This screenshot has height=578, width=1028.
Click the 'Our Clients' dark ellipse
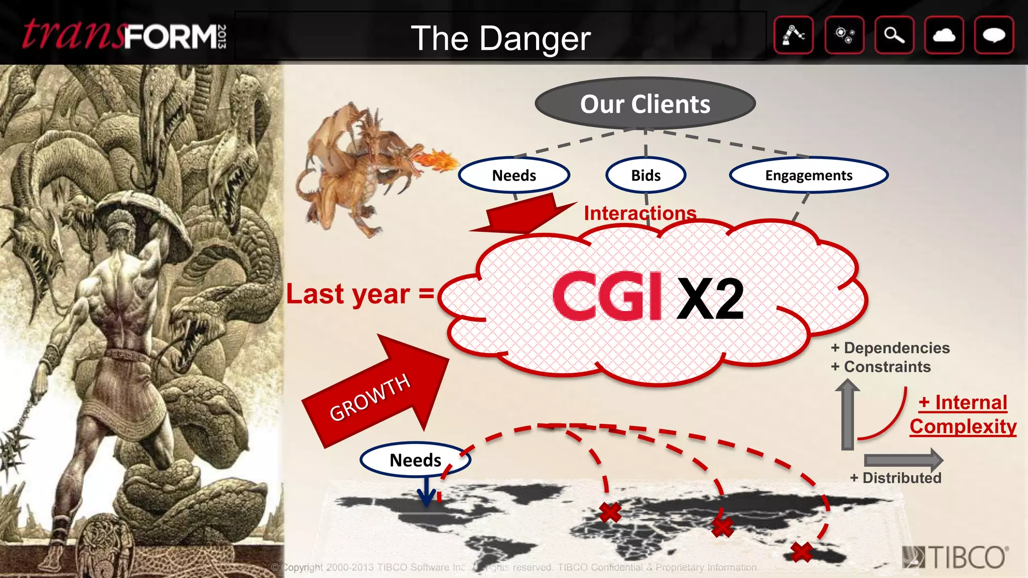645,104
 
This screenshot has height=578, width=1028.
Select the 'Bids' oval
646,175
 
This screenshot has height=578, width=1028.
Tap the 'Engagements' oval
809,175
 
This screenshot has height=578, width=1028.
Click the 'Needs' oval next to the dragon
514,175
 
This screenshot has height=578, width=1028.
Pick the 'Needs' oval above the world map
415,460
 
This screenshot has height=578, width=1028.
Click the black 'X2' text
710,299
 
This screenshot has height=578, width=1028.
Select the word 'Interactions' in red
640,213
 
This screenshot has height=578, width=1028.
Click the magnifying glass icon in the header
894,35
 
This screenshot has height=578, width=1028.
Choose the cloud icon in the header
944,35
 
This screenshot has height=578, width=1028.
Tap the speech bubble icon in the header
994,35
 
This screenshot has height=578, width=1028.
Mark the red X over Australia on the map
801,552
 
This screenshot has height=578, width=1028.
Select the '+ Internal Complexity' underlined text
963,414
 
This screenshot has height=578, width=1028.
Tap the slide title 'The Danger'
500,38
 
